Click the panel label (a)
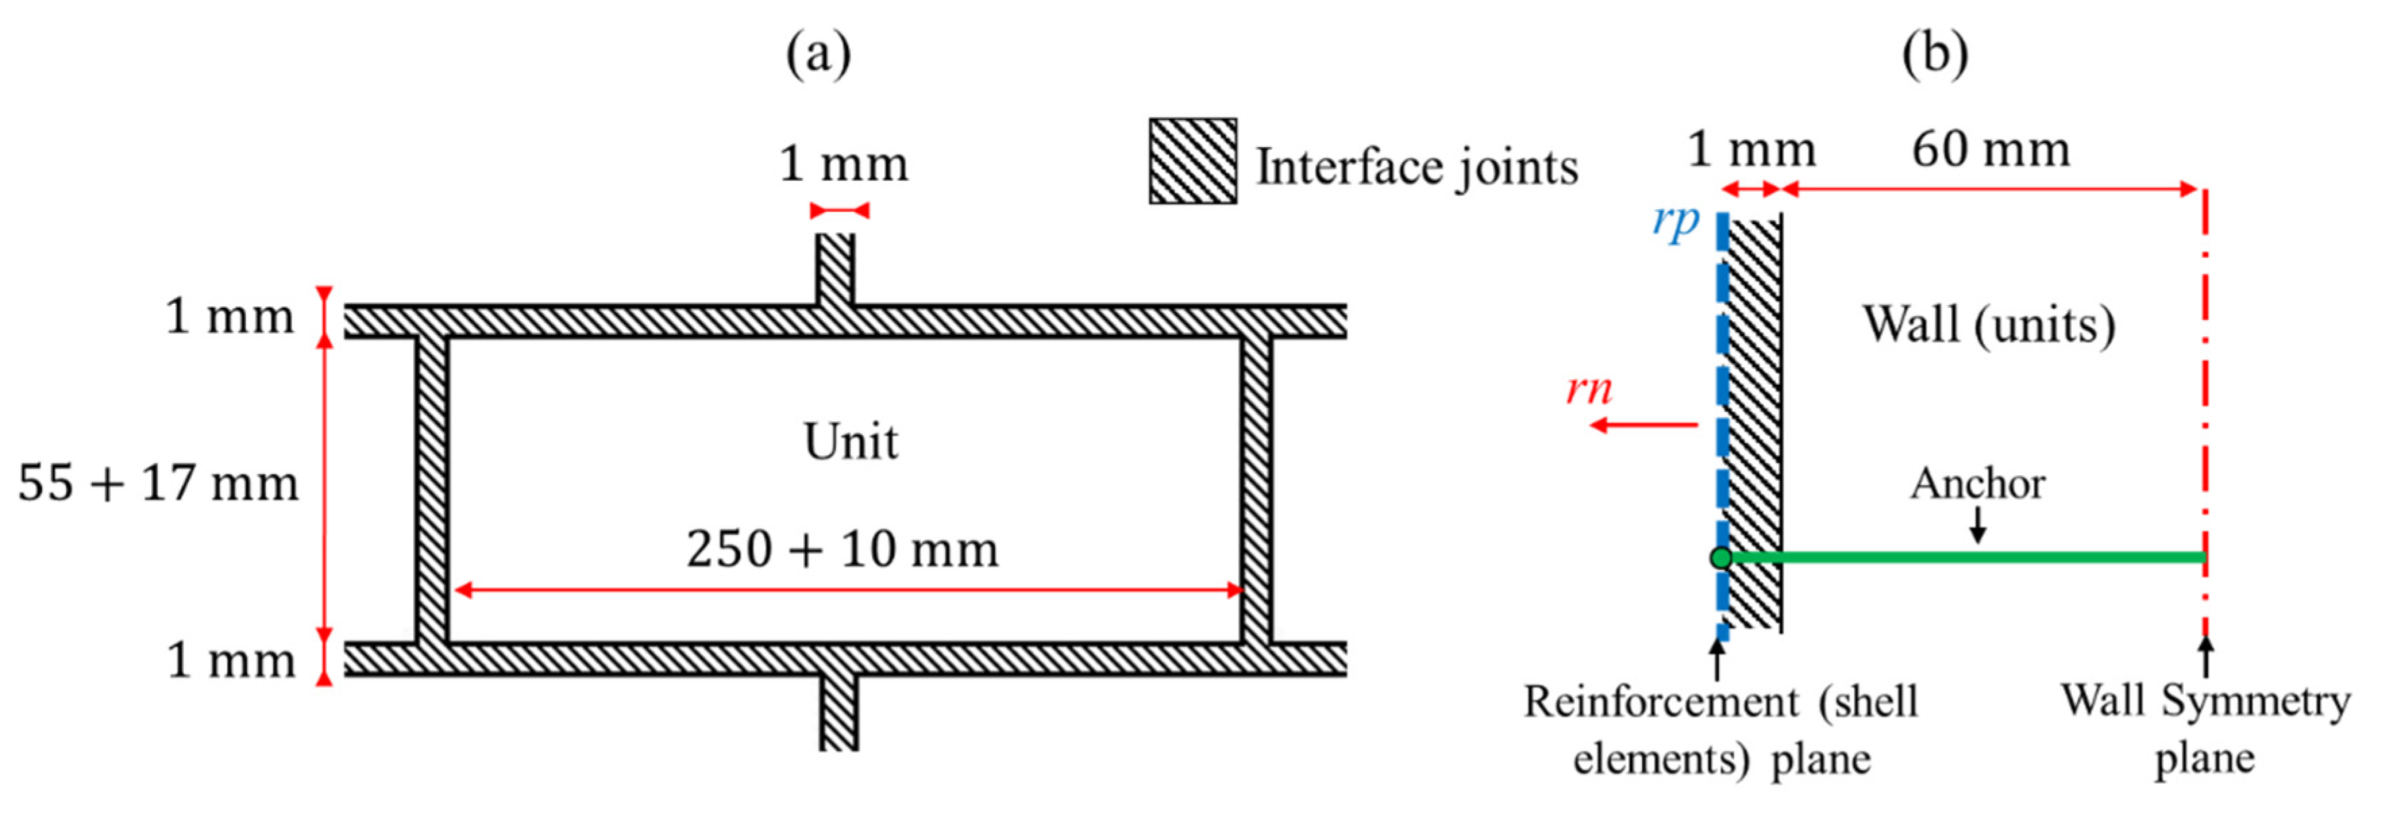tap(818, 55)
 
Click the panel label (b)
tap(1934, 55)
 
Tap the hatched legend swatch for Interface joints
tap(1192, 161)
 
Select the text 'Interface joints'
tap(1416, 167)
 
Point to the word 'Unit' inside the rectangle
tap(850, 442)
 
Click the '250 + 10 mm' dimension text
tap(842, 549)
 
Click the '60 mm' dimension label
tap(1991, 150)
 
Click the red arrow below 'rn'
tap(1643, 425)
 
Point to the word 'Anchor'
tap(1978, 484)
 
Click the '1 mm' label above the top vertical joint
tap(843, 165)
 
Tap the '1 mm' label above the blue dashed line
tap(1752, 150)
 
